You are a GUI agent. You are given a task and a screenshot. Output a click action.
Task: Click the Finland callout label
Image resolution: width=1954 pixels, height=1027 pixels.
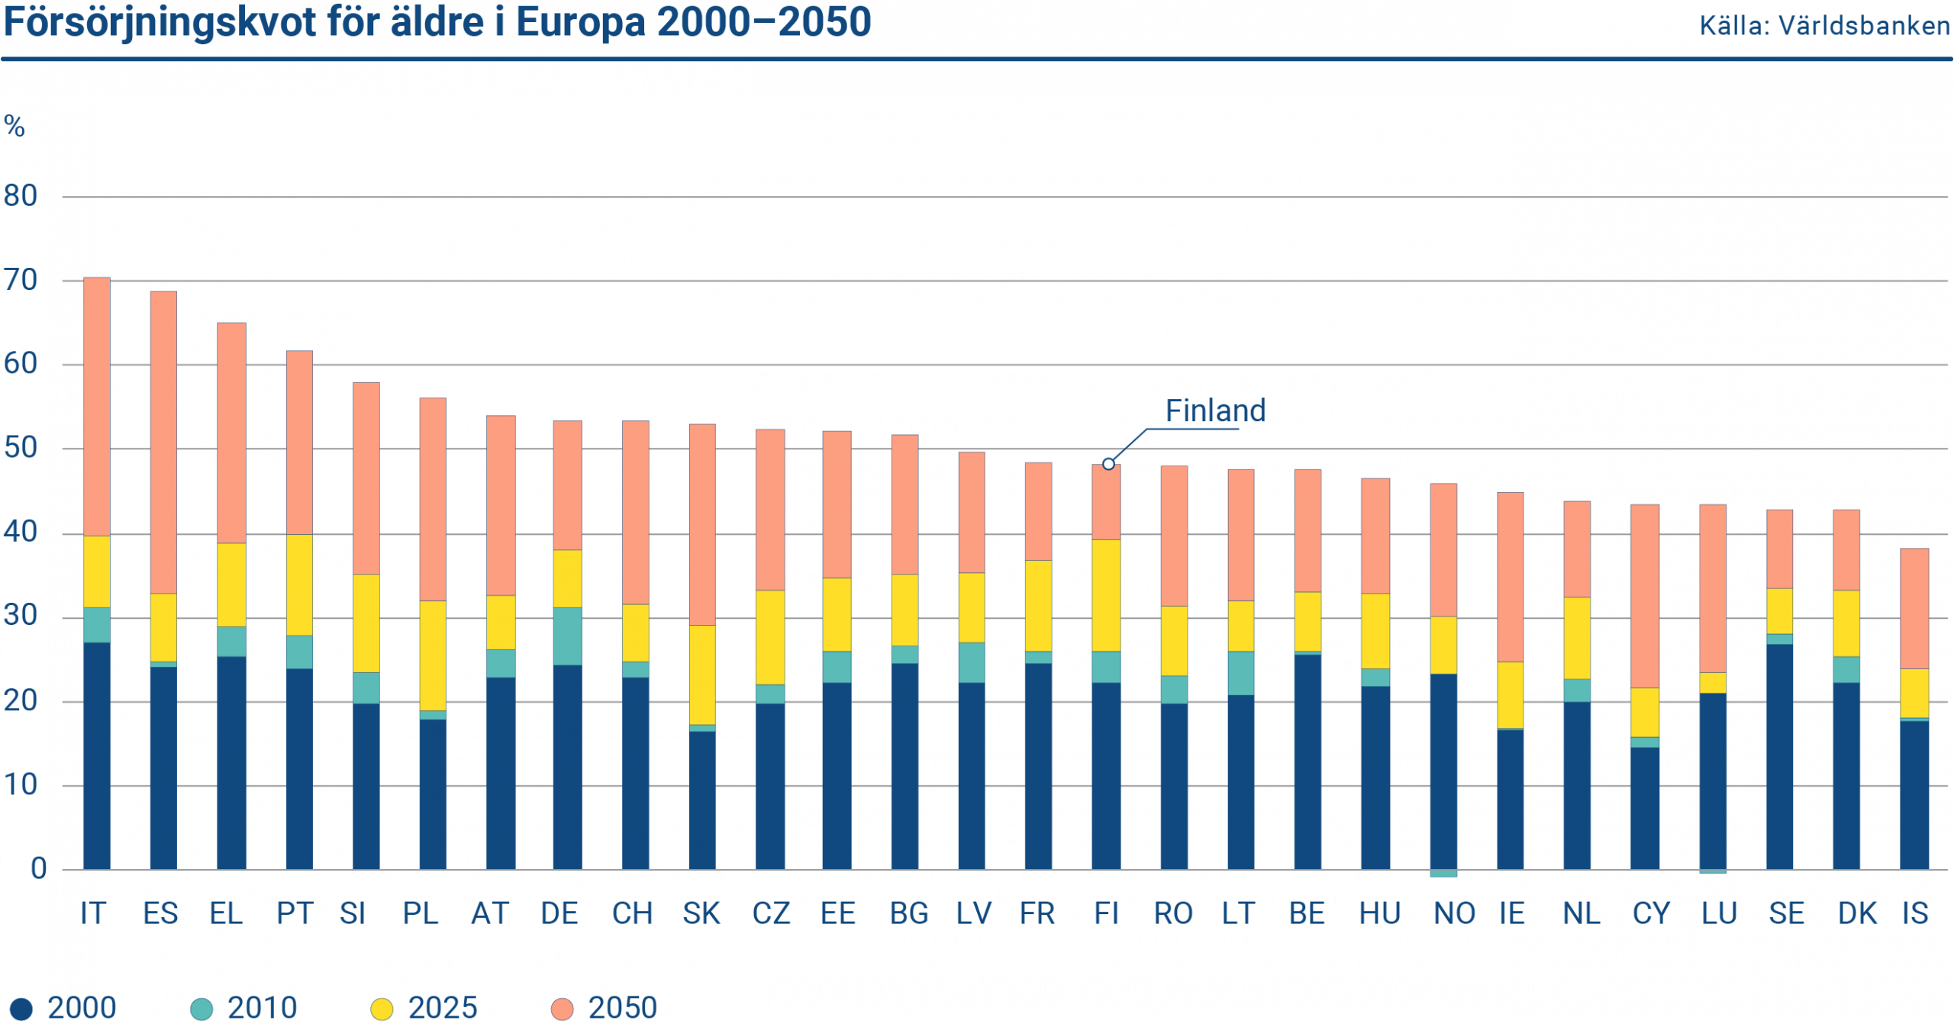1215,411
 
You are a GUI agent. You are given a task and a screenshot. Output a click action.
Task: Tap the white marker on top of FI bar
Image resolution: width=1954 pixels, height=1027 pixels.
1108,464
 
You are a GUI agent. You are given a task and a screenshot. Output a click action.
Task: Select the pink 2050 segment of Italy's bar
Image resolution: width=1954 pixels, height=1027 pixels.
97,406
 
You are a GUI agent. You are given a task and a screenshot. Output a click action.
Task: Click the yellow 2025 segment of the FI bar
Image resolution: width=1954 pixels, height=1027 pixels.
1106,595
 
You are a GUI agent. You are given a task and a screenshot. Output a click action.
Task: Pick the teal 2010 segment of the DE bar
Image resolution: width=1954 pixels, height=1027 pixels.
567,636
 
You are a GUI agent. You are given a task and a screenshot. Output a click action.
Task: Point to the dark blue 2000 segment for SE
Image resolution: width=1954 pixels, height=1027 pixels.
1779,755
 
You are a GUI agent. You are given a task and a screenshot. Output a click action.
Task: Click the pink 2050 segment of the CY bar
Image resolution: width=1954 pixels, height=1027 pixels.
1644,595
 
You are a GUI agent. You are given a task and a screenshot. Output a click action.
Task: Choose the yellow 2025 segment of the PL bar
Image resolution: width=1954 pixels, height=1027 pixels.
433,655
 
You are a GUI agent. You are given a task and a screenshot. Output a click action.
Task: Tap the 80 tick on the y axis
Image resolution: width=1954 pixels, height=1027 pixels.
21,196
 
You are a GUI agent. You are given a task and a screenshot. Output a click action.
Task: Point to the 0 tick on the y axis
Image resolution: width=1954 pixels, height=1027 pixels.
38,868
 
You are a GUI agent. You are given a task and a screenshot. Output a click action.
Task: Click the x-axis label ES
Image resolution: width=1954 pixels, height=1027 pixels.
160,913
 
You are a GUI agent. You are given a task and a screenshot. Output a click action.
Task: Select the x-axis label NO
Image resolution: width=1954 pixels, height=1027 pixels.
1454,913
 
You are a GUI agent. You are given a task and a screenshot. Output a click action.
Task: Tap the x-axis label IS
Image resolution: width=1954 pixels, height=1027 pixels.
1915,913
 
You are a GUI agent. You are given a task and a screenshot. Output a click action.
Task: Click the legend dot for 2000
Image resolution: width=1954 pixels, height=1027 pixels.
21,1009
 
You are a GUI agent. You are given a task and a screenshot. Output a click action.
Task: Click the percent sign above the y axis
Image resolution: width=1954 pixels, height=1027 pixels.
14,126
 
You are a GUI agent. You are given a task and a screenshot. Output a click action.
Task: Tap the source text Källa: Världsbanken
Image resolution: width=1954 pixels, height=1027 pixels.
1824,26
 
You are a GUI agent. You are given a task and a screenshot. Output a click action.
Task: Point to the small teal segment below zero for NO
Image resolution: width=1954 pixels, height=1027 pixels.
1443,874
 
